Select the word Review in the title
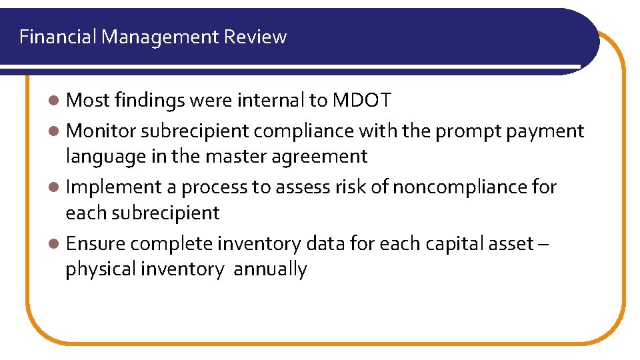tap(255, 37)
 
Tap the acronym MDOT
tap(362, 101)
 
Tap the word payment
tap(545, 131)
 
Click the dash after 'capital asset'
tap(543, 244)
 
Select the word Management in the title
tap(160, 37)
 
